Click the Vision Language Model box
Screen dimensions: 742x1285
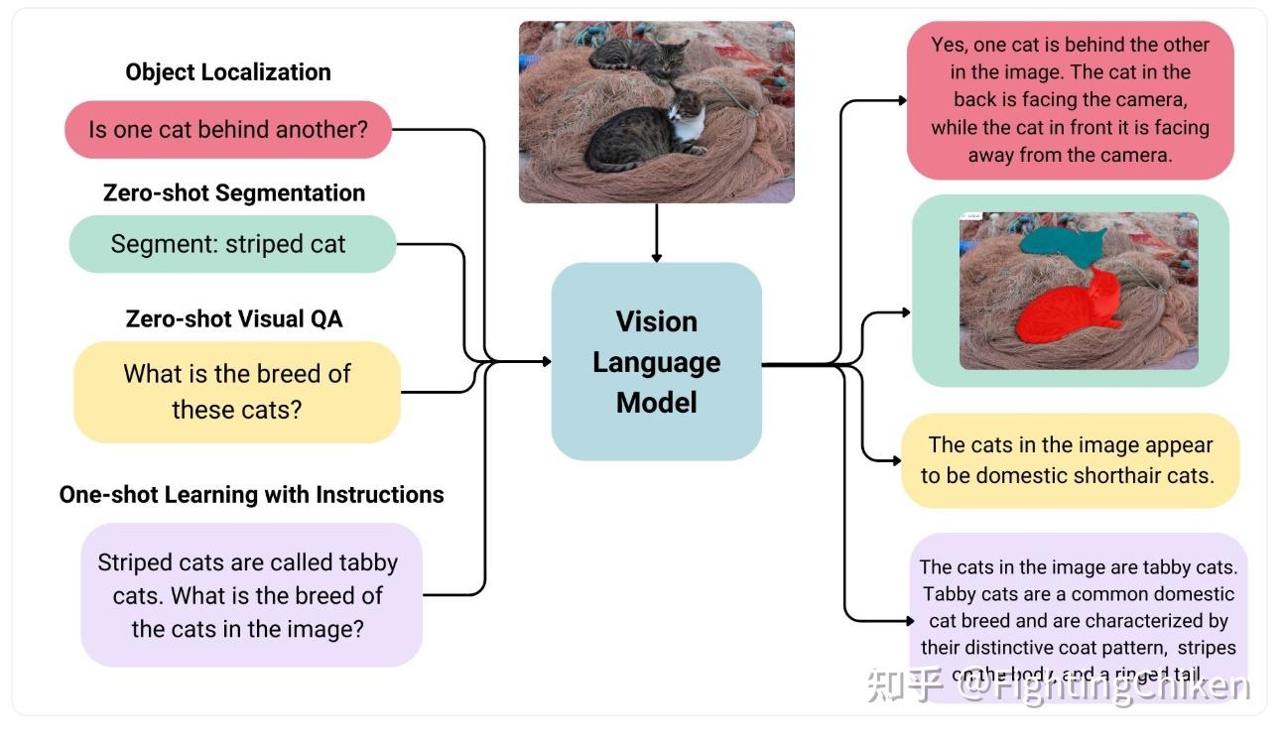coord(656,361)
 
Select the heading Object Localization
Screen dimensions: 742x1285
coord(228,72)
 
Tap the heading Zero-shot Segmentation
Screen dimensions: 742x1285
coord(234,192)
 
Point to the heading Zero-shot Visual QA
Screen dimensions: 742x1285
coord(234,318)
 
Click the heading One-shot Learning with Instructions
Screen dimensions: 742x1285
coord(251,494)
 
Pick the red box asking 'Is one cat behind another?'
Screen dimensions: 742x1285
coord(228,129)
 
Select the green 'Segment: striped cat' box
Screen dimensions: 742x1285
coord(232,244)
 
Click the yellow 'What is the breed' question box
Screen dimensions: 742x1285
coord(236,391)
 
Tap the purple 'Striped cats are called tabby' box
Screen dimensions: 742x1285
coord(251,595)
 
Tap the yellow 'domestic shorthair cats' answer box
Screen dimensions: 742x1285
coord(1070,460)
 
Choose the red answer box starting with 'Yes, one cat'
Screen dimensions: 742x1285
coord(1070,99)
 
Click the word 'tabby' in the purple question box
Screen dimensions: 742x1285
coord(368,562)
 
